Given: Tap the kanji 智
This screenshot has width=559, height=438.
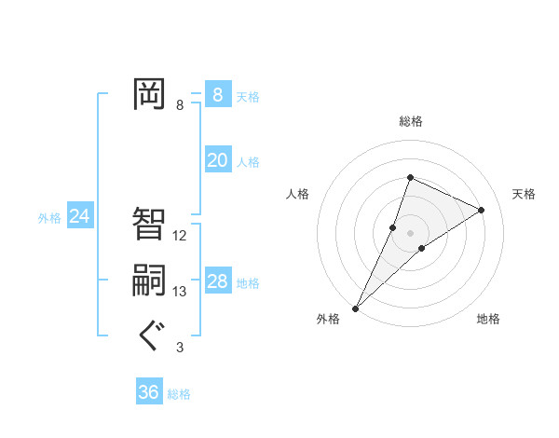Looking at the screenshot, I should (149, 223).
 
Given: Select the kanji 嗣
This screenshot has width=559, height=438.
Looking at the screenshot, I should (149, 281).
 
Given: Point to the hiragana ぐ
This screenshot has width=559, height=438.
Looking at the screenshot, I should (149, 335).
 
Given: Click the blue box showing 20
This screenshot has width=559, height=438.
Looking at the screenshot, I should (217, 160).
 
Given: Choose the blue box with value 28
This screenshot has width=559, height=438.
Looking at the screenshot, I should (217, 281).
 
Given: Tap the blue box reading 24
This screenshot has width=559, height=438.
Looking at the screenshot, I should (79, 217).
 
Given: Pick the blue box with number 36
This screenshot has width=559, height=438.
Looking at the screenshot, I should (148, 392).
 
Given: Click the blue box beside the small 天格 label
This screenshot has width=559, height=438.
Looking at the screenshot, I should (217, 95).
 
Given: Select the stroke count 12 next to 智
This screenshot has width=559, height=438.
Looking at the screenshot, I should (180, 236).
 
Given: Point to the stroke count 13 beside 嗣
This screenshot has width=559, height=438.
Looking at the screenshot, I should (180, 292).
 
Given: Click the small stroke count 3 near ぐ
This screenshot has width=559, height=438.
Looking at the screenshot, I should (180, 348).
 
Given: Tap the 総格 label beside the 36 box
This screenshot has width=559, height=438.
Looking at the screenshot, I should (179, 394).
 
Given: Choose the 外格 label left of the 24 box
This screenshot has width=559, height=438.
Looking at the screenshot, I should (49, 218).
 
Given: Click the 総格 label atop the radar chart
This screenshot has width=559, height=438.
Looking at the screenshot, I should (411, 121).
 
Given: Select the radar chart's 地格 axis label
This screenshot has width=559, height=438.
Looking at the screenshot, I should (488, 319).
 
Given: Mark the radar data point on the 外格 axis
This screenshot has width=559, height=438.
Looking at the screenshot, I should (356, 308).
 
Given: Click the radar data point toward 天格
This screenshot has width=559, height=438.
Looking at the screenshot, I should (482, 210).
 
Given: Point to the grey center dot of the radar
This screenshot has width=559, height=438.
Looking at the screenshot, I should (410, 232).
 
